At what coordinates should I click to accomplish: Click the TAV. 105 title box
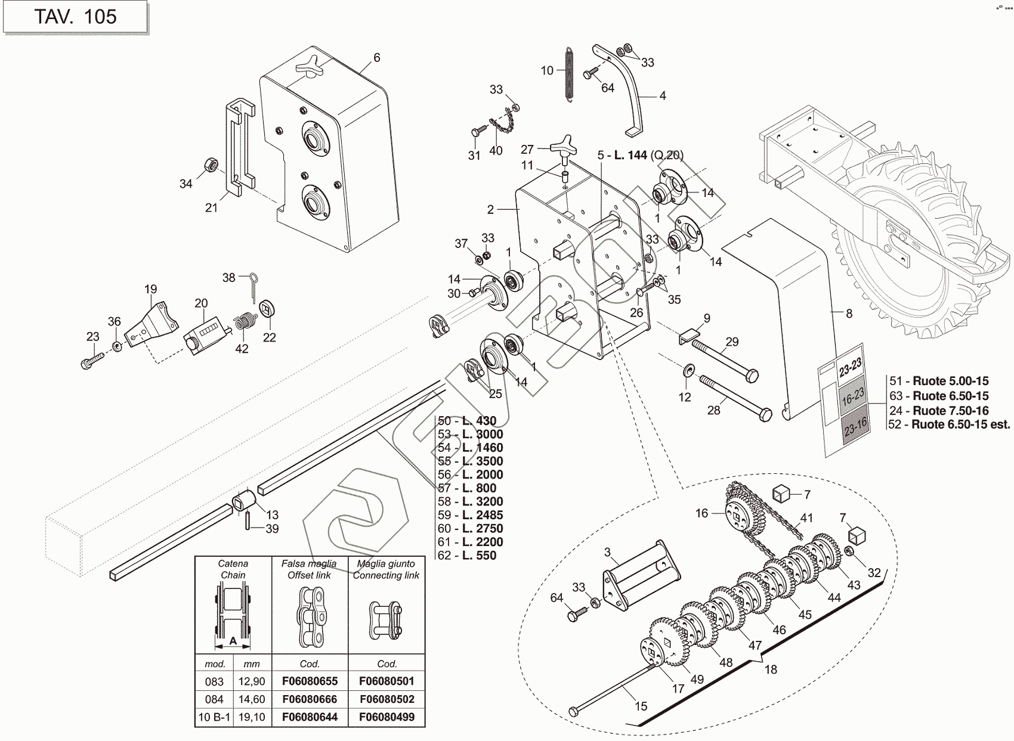coord(75,17)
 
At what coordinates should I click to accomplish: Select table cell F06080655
coord(310,681)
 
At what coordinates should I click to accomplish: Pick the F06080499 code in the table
coord(387,717)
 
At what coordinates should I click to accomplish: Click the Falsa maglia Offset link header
coord(310,569)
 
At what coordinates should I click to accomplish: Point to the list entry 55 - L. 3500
coord(471,461)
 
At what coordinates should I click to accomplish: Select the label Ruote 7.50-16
coord(950,411)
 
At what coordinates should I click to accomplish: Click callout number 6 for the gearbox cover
coord(376,58)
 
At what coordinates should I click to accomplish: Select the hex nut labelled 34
coord(210,164)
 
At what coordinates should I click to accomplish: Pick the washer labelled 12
coord(687,373)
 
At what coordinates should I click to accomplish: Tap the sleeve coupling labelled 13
coord(243,499)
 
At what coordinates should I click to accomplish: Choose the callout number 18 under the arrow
coord(771,669)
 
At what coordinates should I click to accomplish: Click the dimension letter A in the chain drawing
coord(233,641)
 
